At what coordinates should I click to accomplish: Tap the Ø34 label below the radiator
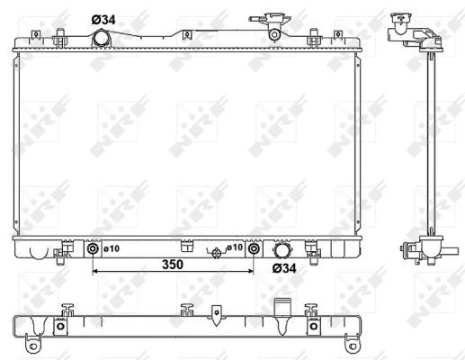284,267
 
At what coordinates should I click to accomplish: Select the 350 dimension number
174,265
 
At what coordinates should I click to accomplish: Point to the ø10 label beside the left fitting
112,248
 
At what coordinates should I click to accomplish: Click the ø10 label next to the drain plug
233,247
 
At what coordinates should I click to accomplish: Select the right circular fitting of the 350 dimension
255,249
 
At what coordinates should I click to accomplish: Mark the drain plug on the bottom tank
216,253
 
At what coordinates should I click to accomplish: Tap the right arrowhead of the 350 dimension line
252,270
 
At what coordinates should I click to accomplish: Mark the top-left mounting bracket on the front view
60,37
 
